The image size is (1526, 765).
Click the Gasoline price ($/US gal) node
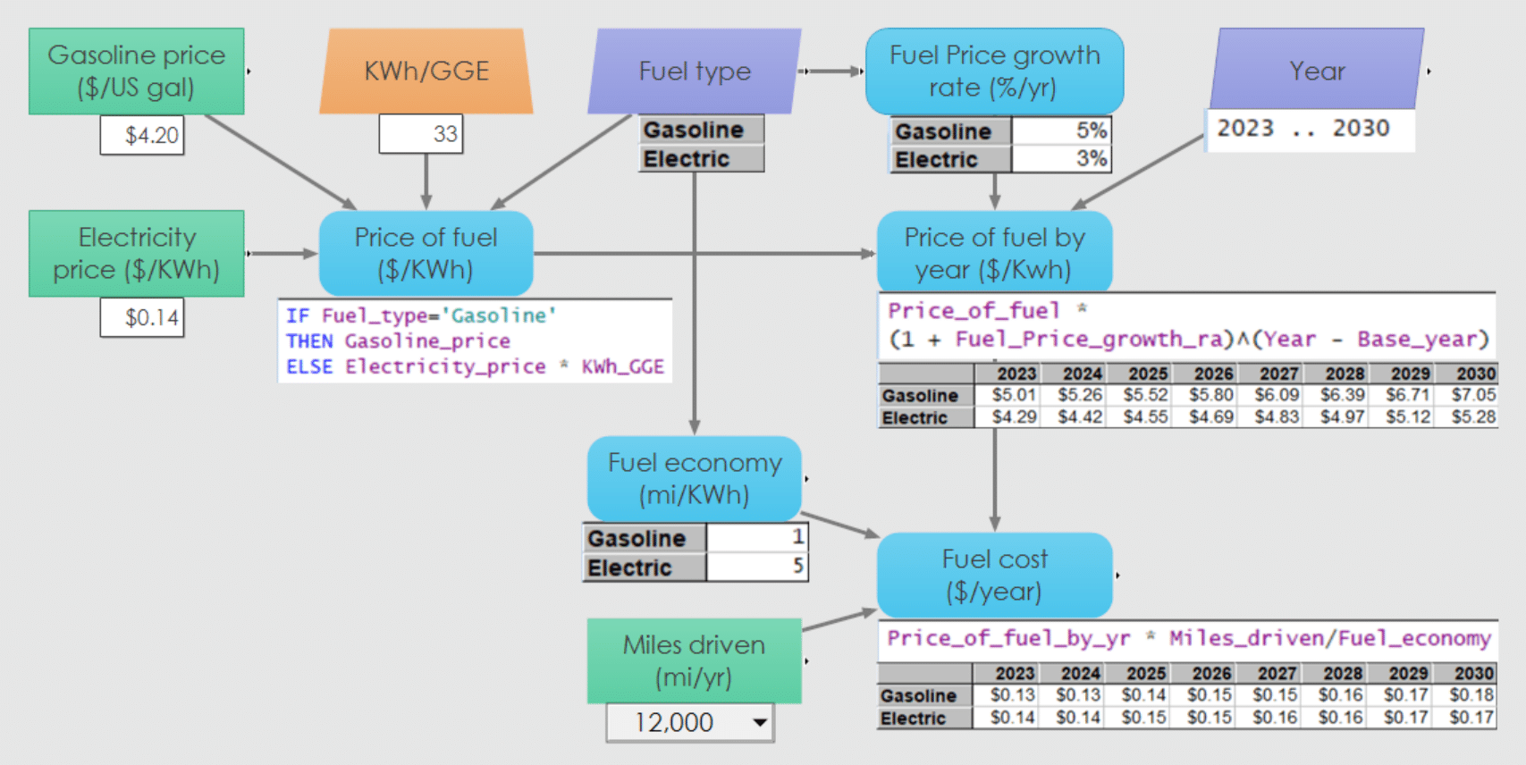pyautogui.click(x=136, y=71)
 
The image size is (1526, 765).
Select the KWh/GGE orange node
pyautogui.click(x=426, y=71)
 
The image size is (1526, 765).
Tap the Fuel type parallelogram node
pyautogui.click(x=695, y=71)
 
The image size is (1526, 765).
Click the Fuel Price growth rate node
pyautogui.click(x=994, y=71)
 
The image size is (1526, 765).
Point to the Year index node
pyautogui.click(x=1317, y=70)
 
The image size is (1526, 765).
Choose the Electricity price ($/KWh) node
pyautogui.click(x=136, y=254)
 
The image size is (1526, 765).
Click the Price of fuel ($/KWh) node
pyautogui.click(x=426, y=254)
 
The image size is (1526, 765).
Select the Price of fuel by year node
pyautogui.click(x=994, y=254)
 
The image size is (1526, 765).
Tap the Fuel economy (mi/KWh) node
pyautogui.click(x=695, y=479)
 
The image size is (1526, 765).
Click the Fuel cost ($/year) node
pyautogui.click(x=994, y=576)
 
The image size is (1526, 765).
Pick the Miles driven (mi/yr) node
pyautogui.click(x=695, y=661)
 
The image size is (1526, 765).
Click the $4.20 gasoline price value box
pyautogui.click(x=142, y=136)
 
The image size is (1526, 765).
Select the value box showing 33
pyautogui.click(x=421, y=134)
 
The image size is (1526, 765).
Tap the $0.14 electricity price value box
pyautogui.click(x=142, y=317)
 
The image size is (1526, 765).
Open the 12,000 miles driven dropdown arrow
pyautogui.click(x=760, y=722)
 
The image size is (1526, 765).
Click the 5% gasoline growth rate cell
pyautogui.click(x=1061, y=130)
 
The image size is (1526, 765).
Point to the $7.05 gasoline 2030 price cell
pyautogui.click(x=1472, y=395)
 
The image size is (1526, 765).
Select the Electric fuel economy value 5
pyautogui.click(x=757, y=567)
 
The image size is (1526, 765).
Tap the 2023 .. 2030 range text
pyautogui.click(x=1303, y=129)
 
